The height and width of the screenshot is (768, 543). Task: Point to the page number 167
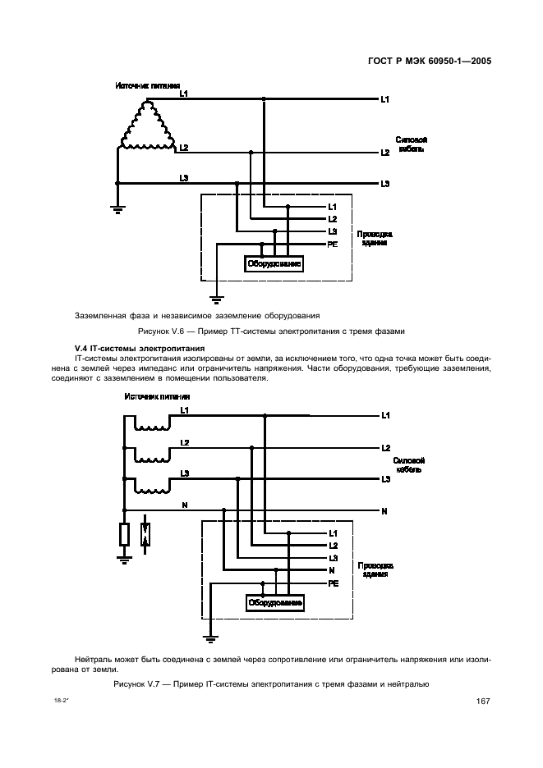(483, 702)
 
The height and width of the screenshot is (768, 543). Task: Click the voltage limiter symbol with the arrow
(146, 534)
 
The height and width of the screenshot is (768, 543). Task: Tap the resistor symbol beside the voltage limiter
(124, 534)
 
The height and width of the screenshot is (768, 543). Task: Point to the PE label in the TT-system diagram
(333, 245)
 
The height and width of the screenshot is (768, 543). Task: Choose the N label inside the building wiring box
(331, 570)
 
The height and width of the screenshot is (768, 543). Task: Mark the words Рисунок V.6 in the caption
(163, 331)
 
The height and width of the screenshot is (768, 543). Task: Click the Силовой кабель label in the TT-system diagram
(411, 144)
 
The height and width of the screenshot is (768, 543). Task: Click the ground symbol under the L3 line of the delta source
(117, 208)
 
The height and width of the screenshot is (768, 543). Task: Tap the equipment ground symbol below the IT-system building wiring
(211, 635)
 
